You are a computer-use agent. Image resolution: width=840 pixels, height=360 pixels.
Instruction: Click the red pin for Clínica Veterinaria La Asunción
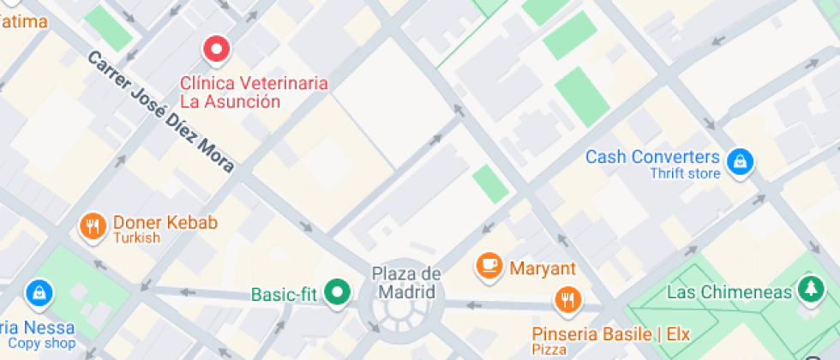217,49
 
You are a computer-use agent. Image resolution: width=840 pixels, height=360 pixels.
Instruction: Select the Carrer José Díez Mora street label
160,111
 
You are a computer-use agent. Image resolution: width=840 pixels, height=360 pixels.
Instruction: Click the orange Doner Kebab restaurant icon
92,225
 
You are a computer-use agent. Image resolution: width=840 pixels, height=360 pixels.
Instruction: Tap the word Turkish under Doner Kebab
136,237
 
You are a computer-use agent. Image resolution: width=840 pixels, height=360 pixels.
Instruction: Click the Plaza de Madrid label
406,283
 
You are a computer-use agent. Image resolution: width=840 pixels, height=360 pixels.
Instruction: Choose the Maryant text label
543,268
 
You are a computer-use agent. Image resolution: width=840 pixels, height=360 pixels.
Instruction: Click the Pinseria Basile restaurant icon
567,300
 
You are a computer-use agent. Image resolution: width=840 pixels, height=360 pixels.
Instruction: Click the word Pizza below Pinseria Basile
549,350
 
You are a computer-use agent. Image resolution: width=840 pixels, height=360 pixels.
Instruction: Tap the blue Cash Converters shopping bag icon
739,160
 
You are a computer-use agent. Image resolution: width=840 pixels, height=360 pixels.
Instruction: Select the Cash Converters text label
652,157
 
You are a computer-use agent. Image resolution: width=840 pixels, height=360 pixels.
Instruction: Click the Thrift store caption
685,174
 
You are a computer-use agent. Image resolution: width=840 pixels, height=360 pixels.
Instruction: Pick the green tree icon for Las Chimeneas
808,290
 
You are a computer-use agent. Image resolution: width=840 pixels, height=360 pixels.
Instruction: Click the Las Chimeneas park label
729,292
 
